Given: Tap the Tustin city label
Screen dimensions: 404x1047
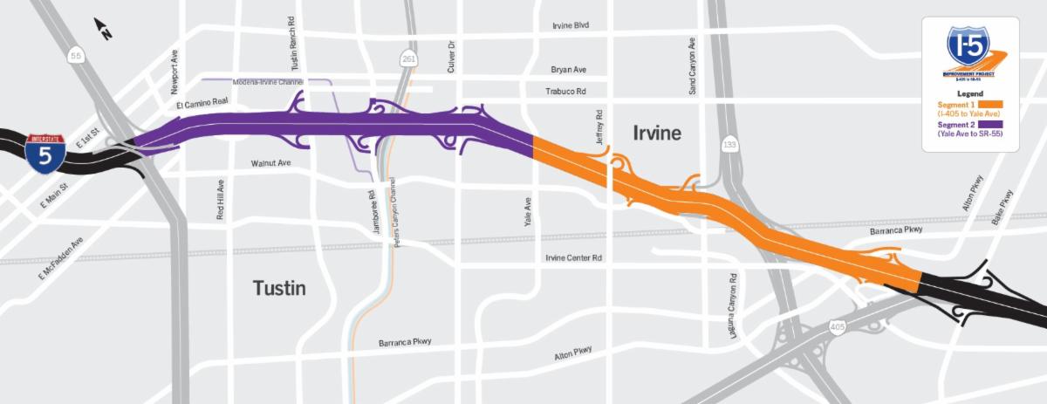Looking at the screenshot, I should point(279,288).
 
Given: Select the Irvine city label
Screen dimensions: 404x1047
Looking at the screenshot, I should point(657,133).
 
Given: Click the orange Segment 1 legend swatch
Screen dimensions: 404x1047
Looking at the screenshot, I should point(992,106).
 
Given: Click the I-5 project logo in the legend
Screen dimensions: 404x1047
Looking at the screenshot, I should point(971,52).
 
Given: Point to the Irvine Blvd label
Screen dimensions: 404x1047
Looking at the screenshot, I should point(571,25).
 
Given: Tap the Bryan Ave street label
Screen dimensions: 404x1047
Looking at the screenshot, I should point(568,69).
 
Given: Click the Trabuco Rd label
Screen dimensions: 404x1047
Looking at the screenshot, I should point(565,91).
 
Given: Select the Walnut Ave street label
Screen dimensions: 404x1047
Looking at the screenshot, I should point(270,163).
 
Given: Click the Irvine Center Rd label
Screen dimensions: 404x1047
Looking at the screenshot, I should point(573,257).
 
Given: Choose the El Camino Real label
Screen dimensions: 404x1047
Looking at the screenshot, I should point(202,104).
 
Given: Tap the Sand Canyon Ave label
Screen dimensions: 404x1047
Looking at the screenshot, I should point(692,66).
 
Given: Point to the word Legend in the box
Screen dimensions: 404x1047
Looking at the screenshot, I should point(970,93).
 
